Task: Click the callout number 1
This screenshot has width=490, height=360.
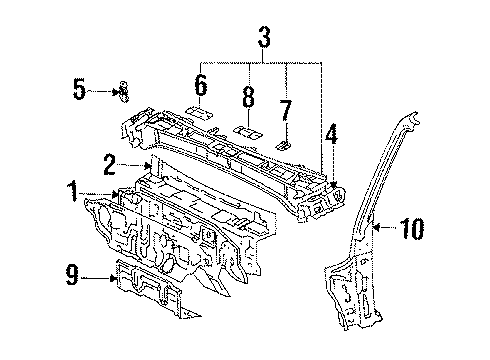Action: pos(73,192)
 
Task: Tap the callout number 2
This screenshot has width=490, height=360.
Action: pos(110,164)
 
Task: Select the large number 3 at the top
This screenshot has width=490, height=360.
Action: pos(264,37)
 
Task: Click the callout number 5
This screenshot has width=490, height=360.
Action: pos(79,89)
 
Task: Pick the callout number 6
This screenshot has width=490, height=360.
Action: pos(201,85)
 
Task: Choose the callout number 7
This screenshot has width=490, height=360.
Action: pos(286,110)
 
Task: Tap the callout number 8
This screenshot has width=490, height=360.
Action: pos(248,97)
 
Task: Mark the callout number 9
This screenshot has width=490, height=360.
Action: pos(72,275)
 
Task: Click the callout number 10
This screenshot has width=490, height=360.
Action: pos(412,228)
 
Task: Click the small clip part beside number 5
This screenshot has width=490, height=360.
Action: pos(124,92)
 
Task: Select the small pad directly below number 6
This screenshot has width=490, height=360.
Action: pos(199,112)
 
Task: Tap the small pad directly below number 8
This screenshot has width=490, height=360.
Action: pos(248,132)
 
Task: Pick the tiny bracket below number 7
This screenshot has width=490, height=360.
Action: pos(283,145)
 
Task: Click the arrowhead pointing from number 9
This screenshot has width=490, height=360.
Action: pos(114,277)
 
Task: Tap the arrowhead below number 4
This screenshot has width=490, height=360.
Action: pos(334,185)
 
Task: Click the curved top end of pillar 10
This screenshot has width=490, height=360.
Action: pos(412,118)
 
